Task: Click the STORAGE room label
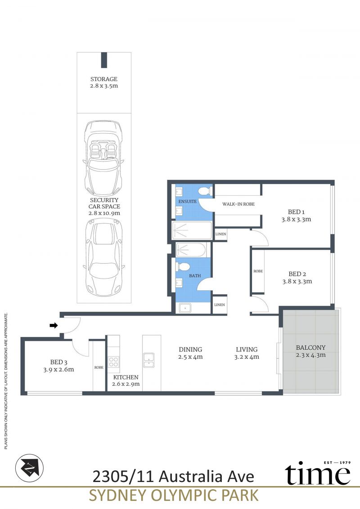104,79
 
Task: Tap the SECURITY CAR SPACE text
104,203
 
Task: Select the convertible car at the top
103,158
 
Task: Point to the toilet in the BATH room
184,267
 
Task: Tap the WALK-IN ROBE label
238,204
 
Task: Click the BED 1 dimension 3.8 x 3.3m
297,219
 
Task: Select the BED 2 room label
297,274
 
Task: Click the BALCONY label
310,347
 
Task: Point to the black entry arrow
54,325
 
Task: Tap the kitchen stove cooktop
113,362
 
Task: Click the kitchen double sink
149,360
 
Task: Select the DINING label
190,350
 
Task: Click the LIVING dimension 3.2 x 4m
247,357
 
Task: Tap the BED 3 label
59,362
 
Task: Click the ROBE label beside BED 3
99,368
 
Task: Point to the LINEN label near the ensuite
221,234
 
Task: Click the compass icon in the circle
30,468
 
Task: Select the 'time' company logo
318,472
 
